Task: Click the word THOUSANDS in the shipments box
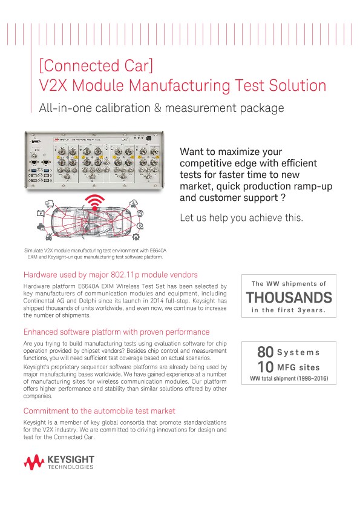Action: coord(288,297)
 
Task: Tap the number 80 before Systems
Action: coord(265,352)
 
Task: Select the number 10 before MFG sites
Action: coord(265,367)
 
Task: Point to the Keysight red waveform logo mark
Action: coord(34,463)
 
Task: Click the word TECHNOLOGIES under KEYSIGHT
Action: coord(71,468)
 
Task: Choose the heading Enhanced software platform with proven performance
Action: coord(116,332)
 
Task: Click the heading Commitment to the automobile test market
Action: coord(99,411)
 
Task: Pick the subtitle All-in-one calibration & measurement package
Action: coord(160,109)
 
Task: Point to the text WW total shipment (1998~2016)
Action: coord(288,379)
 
